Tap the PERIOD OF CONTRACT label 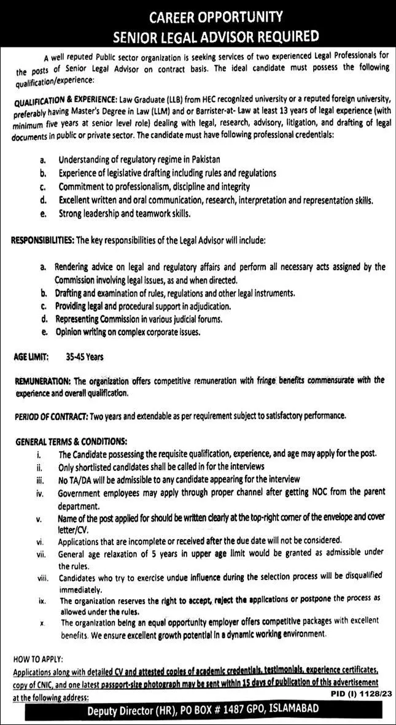(x=51, y=416)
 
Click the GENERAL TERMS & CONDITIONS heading (x=71, y=441)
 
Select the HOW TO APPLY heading (x=37, y=658)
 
